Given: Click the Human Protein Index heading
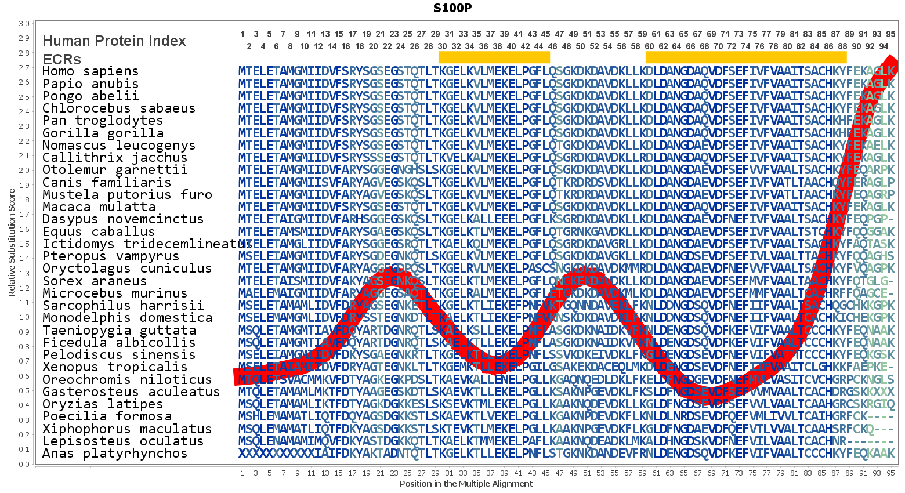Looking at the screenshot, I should (x=114, y=41).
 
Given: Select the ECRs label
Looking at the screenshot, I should (x=61, y=59).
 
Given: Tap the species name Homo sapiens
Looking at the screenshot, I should (x=91, y=71).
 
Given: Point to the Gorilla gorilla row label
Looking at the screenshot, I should (x=95, y=133).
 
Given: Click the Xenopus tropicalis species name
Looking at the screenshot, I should (x=115, y=367).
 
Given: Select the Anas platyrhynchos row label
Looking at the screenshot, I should (x=115, y=454).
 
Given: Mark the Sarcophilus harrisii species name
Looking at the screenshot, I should (x=123, y=305).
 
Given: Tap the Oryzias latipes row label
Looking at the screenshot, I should (x=103, y=404).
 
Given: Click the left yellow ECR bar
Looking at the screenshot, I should (x=494, y=57).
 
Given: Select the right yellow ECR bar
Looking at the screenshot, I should (x=745, y=57).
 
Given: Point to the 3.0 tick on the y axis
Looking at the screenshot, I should (x=24, y=24).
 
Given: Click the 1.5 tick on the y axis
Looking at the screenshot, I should (x=24, y=244).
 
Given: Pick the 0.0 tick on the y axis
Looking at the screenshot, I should (x=24, y=464).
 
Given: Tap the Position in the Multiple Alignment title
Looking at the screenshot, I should (x=466, y=484).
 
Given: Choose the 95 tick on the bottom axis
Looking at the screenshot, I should (x=890, y=473).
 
